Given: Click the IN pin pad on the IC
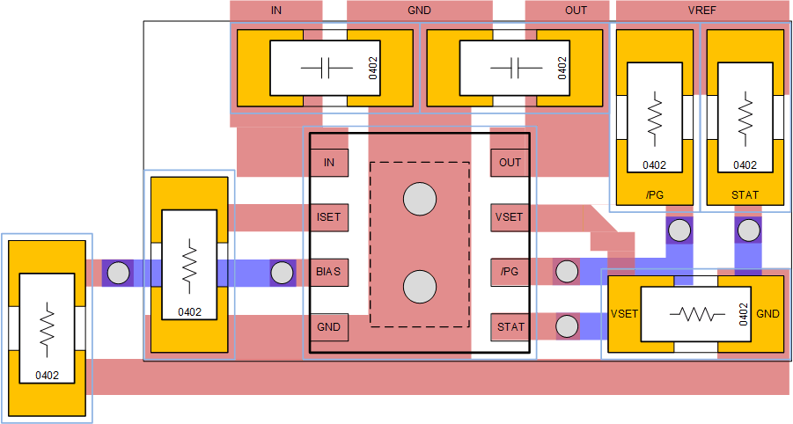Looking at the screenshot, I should (x=329, y=163).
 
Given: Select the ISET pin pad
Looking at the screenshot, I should (x=329, y=216).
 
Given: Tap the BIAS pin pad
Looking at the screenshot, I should (x=329, y=272).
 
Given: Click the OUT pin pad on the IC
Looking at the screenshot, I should (x=510, y=163).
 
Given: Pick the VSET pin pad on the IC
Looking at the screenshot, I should (x=510, y=216).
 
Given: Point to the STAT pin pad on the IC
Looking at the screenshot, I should (x=510, y=326).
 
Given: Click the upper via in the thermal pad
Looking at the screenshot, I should (x=420, y=200).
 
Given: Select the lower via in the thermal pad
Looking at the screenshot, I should (x=420, y=287).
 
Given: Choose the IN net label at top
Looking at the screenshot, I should (x=276, y=10).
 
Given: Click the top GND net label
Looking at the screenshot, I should (x=419, y=10).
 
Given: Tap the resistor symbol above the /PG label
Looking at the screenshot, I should (x=654, y=116).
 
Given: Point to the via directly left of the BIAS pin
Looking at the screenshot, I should (x=282, y=273).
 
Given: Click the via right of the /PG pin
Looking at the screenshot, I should (x=565, y=272).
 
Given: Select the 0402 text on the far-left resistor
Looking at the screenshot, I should (x=48, y=375).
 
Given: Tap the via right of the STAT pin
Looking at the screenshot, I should (x=565, y=326).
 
